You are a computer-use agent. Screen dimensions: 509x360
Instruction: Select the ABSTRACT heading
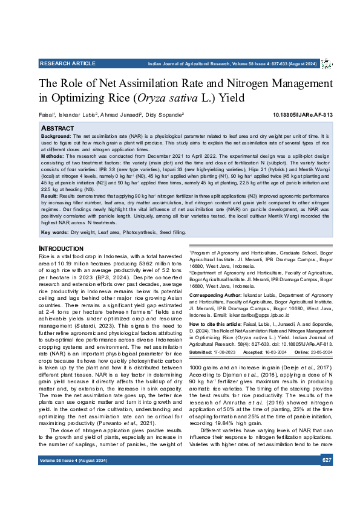pos(58,129)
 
